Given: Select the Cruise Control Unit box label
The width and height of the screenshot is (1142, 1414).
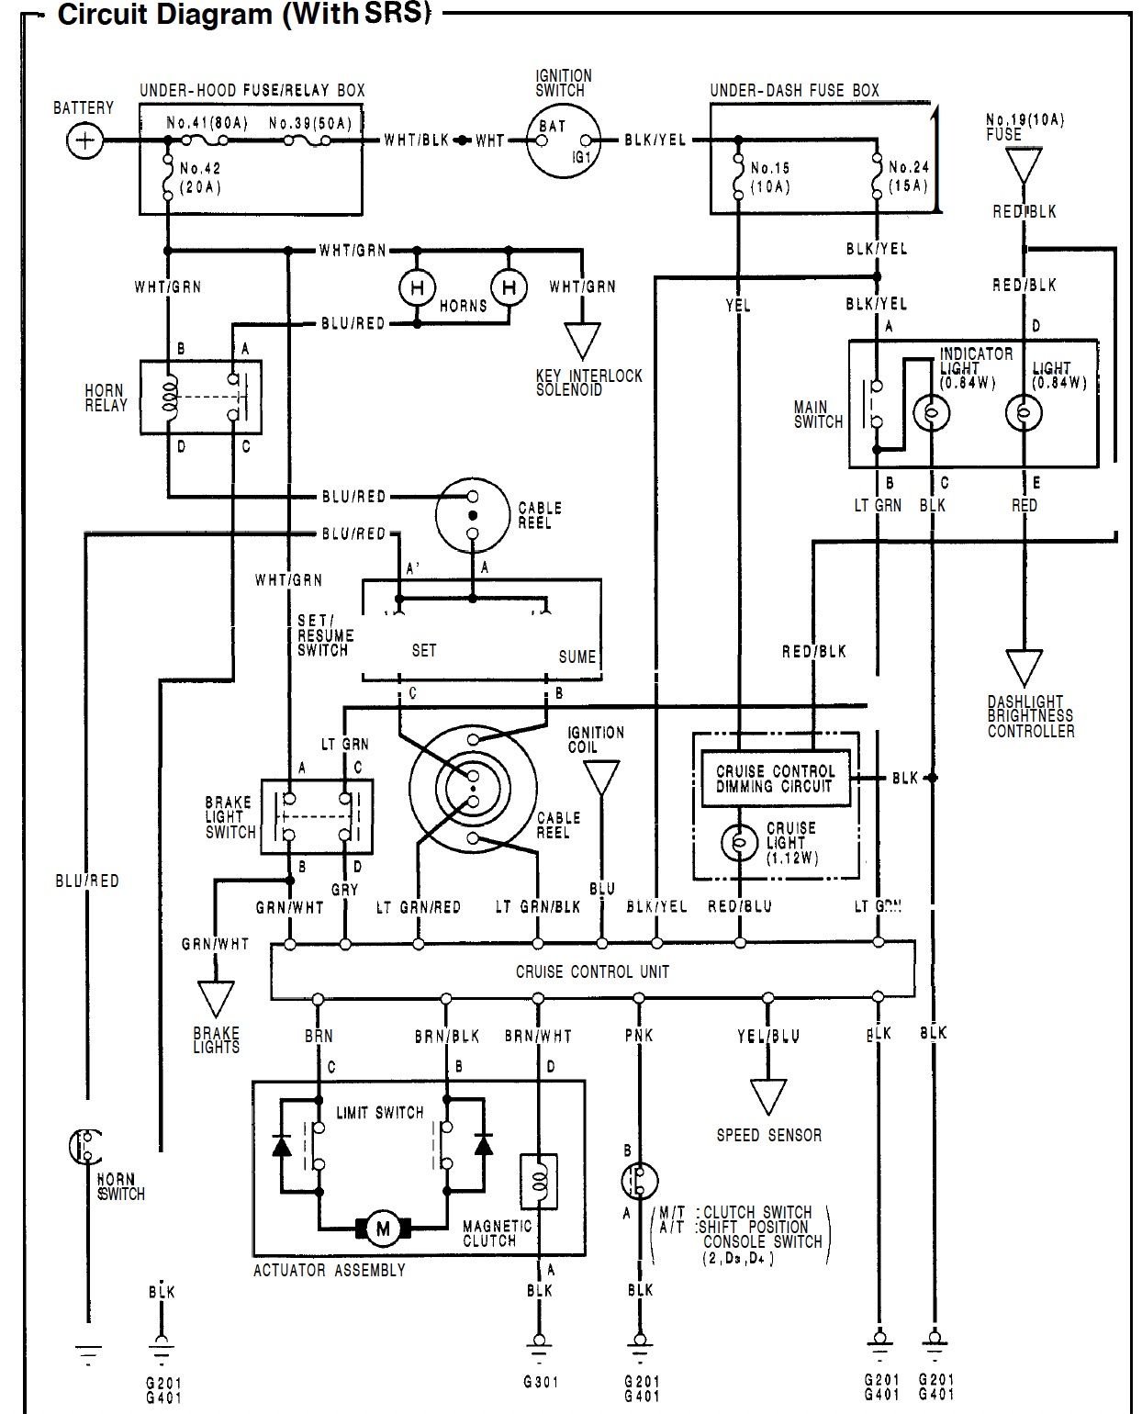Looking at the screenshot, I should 592,971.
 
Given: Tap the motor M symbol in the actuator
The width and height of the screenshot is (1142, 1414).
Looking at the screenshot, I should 382,1228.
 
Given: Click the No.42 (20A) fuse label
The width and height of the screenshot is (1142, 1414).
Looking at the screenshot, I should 200,178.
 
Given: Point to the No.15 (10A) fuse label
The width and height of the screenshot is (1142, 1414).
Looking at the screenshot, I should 769,177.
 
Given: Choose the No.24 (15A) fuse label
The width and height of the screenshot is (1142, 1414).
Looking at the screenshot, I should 908,177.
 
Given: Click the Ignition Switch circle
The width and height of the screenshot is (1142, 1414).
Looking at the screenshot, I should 560,140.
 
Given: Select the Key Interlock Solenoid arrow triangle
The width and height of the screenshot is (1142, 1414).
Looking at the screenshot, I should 581,340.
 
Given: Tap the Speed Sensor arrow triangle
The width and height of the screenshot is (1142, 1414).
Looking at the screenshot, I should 768,1095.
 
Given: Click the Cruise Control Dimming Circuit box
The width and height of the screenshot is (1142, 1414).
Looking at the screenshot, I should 776,779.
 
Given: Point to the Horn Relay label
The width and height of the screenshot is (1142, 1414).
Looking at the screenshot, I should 106,398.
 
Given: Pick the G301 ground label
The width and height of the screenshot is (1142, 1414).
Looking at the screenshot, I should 539,1381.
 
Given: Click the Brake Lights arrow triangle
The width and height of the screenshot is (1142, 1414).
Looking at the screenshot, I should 216,999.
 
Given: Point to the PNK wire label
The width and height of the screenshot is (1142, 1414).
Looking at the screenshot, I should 639,1035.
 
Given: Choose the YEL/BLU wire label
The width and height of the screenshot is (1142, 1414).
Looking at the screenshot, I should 768,1035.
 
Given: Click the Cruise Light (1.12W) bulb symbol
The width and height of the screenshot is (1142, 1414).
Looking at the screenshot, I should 739,841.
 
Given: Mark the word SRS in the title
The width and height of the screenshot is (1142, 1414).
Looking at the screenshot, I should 397,16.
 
